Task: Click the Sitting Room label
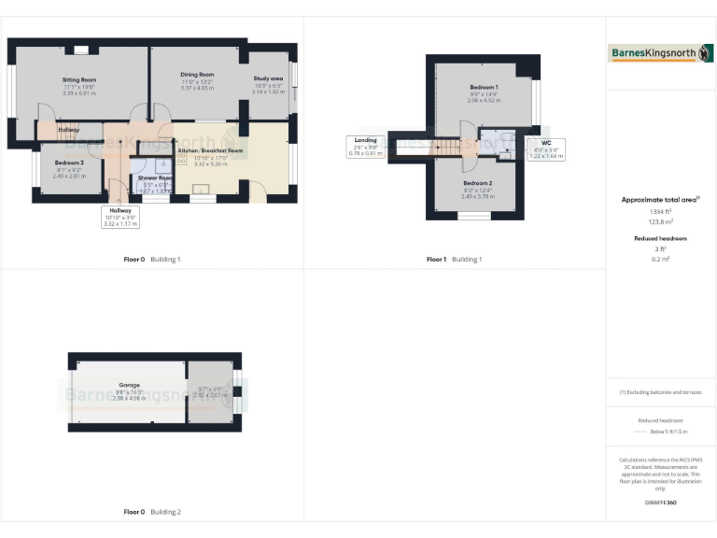79,80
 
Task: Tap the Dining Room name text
197,75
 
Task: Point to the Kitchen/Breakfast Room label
210,150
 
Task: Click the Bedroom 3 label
69,163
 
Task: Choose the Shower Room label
155,177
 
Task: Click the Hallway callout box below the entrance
120,217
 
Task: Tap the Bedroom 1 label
484,87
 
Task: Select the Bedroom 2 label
477,183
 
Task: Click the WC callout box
546,149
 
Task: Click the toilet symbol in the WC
505,139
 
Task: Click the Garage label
129,384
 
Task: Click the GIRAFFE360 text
660,503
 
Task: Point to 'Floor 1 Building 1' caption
454,259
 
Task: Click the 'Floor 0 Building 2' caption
152,512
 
